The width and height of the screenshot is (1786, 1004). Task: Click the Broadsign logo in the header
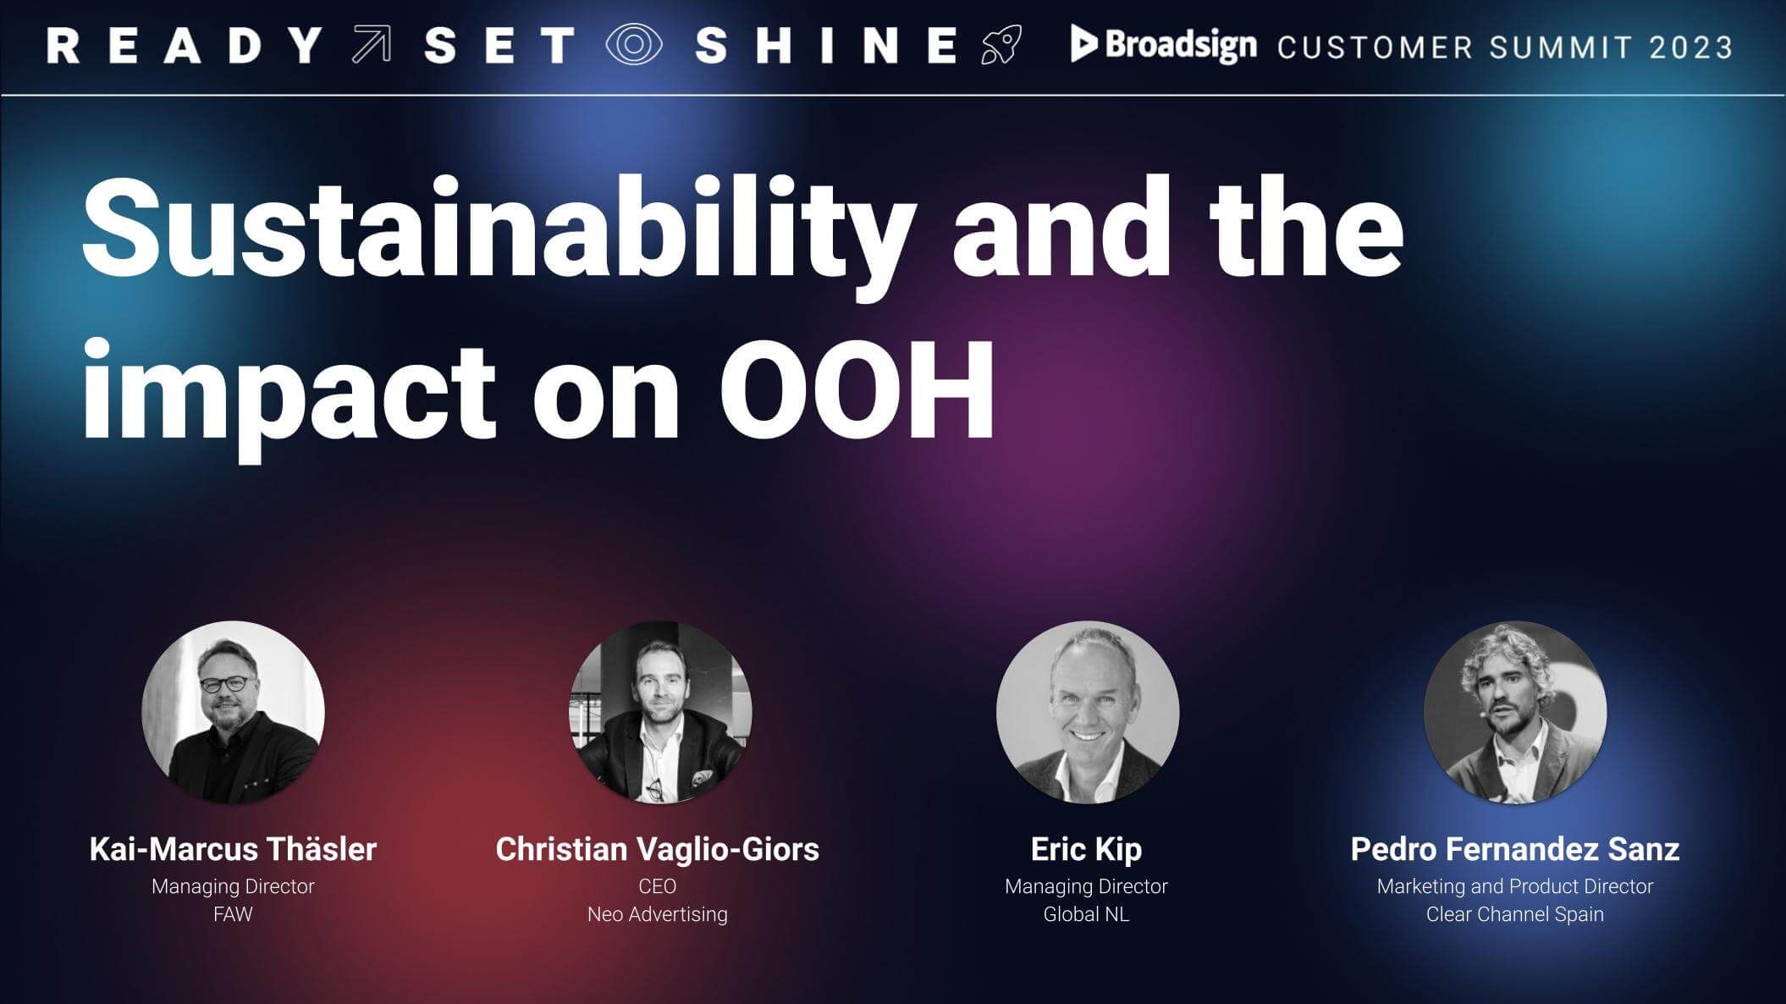coord(1163,44)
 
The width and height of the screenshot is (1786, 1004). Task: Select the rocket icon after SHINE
coord(1001,45)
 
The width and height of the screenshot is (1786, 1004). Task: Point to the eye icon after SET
coord(634,45)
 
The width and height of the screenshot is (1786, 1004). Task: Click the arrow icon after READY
coord(372,45)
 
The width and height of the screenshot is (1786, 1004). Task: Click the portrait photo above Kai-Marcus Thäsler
coord(233,712)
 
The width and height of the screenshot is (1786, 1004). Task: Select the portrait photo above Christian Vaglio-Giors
coord(660,712)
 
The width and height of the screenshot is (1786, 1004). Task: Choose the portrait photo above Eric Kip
coord(1088,712)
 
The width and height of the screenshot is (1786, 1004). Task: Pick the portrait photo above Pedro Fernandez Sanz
coord(1515,712)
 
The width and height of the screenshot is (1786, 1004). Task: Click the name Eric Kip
coord(1086,849)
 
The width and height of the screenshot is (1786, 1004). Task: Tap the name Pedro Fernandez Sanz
coord(1515,849)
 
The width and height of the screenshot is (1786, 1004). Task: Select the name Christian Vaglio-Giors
coord(657,849)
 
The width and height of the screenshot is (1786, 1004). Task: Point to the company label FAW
coord(233,914)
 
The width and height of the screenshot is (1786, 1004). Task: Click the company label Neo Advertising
coord(658,914)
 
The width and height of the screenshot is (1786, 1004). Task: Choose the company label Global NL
coord(1086,914)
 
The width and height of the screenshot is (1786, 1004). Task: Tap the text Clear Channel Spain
coord(1515,914)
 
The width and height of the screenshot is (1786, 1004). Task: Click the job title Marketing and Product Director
coord(1515,886)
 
